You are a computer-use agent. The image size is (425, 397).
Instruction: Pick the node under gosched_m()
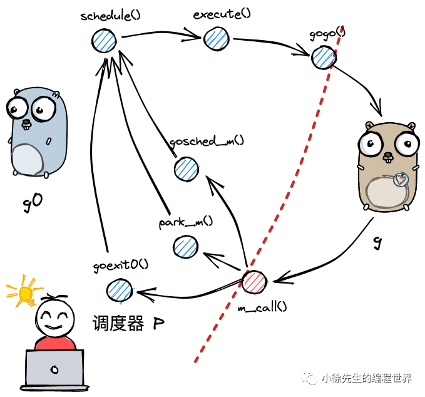186,169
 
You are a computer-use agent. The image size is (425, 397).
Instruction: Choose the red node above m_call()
254,282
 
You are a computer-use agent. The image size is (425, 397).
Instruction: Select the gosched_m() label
207,141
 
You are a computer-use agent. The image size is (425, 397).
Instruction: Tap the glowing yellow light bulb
25,292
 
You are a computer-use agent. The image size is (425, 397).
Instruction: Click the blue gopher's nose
27,123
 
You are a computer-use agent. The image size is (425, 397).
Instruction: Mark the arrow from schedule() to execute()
159,35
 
